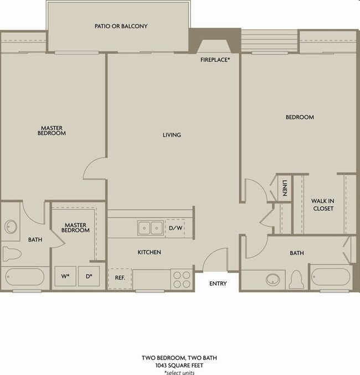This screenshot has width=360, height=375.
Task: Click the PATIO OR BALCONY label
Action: [121, 26]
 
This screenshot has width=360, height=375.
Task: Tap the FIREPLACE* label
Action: [215, 59]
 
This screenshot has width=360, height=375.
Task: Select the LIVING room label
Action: [172, 135]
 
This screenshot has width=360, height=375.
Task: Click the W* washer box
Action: [65, 276]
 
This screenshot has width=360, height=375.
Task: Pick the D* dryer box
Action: [88, 276]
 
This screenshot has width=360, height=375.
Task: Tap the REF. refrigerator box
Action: [119, 278]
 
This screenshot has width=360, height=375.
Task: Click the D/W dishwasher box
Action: [175, 228]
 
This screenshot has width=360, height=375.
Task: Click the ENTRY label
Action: [218, 284]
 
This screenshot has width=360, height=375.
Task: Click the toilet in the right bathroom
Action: [296, 277]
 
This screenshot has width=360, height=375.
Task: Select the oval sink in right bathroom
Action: [274, 278]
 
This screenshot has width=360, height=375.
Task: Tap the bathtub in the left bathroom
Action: [26, 276]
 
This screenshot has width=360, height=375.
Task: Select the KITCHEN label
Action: [149, 253]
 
